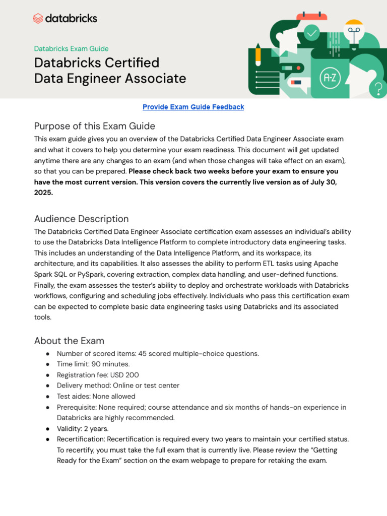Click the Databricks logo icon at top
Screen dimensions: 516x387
tap(38, 19)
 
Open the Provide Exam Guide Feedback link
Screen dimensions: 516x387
tap(193, 107)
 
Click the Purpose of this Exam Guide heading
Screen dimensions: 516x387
tap(94, 126)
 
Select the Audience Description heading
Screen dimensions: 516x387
tap(81, 219)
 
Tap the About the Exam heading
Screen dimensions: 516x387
tap(69, 341)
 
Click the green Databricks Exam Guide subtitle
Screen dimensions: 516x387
tap(71, 49)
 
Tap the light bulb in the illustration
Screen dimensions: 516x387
tap(354, 31)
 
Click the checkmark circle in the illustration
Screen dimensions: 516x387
tap(312, 33)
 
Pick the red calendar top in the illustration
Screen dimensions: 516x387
tap(311, 16)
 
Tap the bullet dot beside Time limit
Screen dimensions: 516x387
tap(47, 364)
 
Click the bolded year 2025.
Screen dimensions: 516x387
tap(43, 192)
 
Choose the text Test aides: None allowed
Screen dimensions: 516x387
tap(96, 397)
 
